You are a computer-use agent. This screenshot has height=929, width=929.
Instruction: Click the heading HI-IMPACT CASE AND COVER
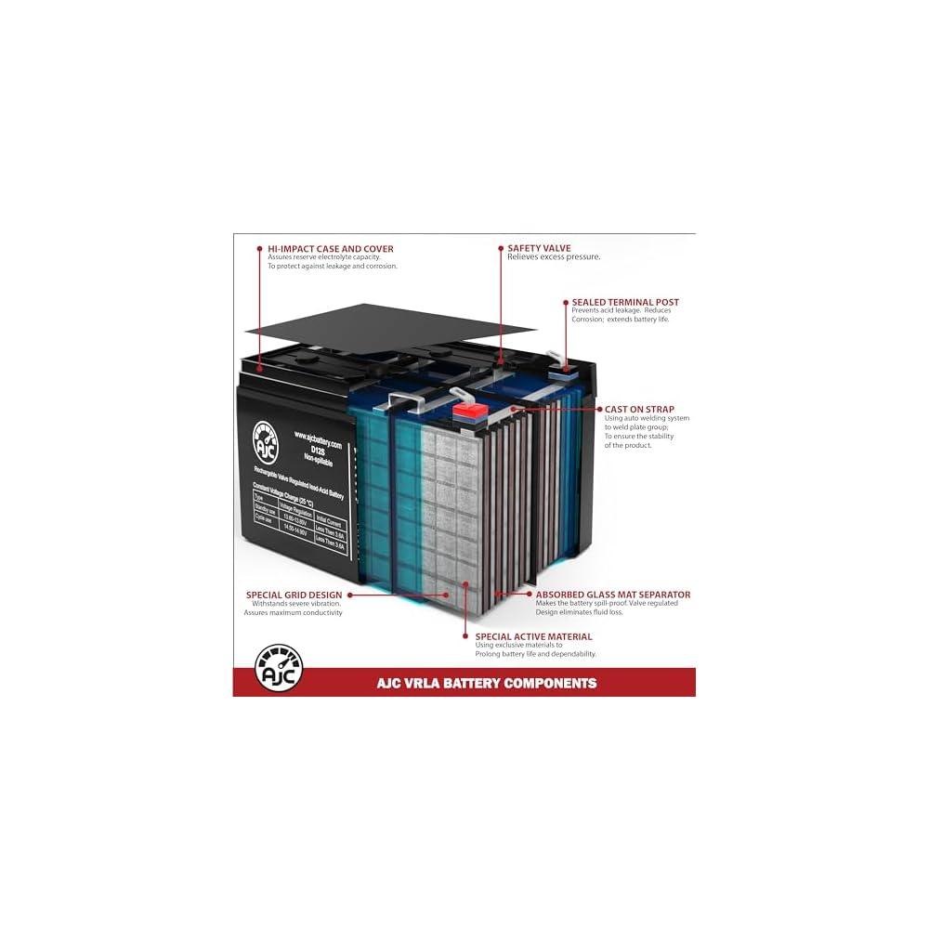[330, 249]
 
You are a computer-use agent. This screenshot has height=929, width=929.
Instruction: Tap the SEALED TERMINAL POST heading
[624, 302]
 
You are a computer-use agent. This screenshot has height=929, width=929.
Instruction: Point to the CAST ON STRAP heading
[639, 409]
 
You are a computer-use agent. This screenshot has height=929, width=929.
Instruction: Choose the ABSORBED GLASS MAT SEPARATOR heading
[612, 595]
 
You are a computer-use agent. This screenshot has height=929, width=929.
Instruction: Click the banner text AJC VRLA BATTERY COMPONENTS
[487, 683]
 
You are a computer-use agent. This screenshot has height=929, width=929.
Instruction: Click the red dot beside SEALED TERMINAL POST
[565, 302]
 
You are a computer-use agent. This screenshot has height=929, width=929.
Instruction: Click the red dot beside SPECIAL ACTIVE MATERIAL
[465, 636]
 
